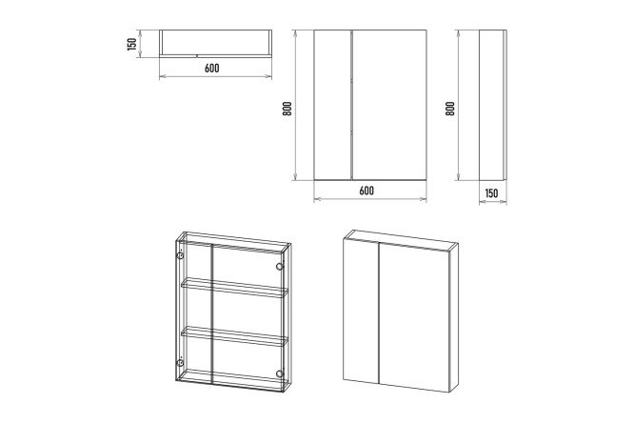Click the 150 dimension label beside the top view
pyautogui.click(x=131, y=44)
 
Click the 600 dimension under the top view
pyautogui.click(x=212, y=68)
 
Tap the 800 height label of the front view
pyautogui.click(x=287, y=109)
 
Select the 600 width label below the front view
pyautogui.click(x=367, y=191)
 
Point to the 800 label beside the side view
pyautogui.click(x=450, y=109)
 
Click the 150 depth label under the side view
pyautogui.click(x=491, y=193)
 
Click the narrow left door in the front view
pyautogui.click(x=333, y=105)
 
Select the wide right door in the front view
pyautogui.click(x=389, y=105)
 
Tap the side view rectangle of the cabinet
pyautogui.click(x=492, y=105)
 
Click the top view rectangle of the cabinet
pyautogui.click(x=215, y=43)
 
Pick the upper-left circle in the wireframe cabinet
pyautogui.click(x=180, y=256)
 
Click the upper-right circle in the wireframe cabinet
pyautogui.click(x=279, y=267)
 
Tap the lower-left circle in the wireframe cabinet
pyautogui.click(x=180, y=362)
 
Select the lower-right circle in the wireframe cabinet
pyautogui.click(x=279, y=373)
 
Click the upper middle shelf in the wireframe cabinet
pyautogui.click(x=234, y=288)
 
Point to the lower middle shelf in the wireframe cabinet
pyautogui.click(x=234, y=336)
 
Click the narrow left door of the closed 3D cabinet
pyautogui.click(x=361, y=311)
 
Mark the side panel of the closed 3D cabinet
pyautogui.click(x=454, y=319)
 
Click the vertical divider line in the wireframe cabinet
pyautogui.click(x=212, y=313)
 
